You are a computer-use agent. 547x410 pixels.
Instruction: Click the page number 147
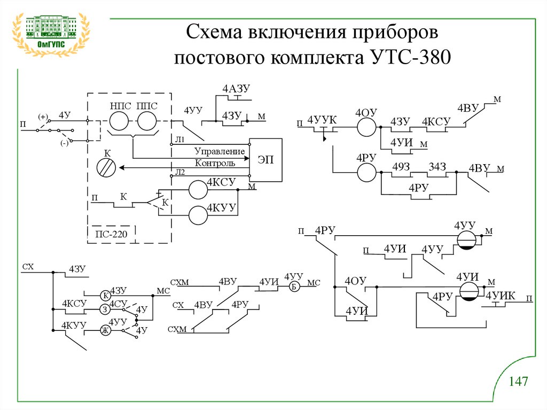(x=518, y=382)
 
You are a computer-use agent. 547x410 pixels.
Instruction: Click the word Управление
(x=219, y=151)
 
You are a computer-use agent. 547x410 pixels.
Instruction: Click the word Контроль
(x=215, y=163)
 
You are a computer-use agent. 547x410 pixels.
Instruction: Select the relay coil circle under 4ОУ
(x=366, y=127)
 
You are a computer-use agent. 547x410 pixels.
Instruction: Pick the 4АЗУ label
(x=237, y=89)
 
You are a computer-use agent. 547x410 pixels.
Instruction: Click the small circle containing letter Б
(x=294, y=286)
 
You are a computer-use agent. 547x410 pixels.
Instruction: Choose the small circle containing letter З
(x=106, y=310)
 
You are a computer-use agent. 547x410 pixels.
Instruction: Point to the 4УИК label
(x=500, y=295)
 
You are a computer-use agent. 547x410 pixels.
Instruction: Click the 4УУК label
(x=323, y=119)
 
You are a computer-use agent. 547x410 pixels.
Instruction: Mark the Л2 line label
(x=180, y=172)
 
